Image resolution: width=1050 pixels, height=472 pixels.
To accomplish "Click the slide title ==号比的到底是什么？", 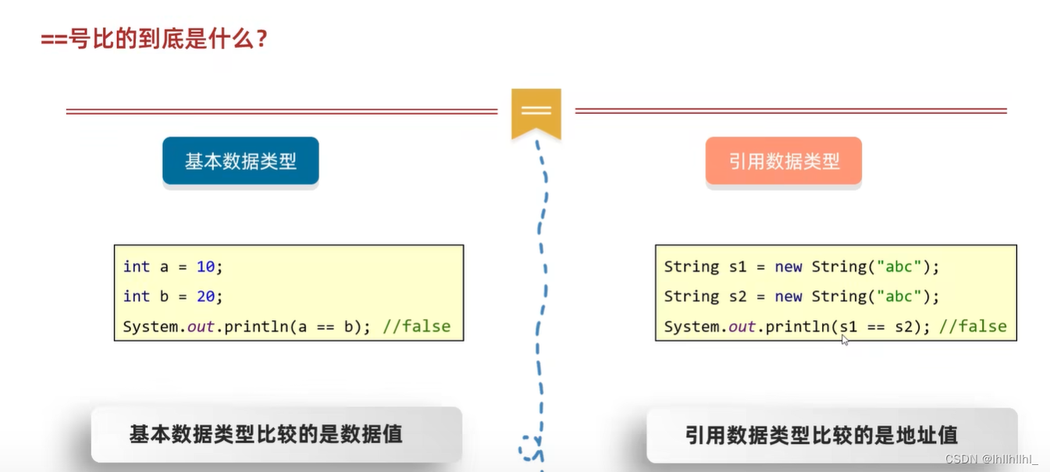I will pos(155,38).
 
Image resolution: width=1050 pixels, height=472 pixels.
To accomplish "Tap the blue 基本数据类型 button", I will pos(240,161).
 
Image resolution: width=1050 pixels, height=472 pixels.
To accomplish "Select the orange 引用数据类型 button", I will pos(784,161).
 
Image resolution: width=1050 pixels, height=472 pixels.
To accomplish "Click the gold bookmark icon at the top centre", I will pos(536,112).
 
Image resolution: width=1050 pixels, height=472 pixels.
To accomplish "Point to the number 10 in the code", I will pos(205,267).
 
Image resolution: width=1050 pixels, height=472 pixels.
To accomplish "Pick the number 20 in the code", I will pos(205,296).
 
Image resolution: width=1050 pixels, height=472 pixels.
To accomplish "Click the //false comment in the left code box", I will pos(417,326).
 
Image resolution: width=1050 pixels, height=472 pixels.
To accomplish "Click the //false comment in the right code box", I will pos(973,326).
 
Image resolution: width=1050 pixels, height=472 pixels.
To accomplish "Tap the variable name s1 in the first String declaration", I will pos(738,267).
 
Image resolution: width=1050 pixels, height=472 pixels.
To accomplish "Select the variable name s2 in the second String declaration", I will pos(738,296).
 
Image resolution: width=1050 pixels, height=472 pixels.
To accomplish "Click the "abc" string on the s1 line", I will pos(899,267).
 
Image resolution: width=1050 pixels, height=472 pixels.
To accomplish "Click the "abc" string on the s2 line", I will pos(899,296).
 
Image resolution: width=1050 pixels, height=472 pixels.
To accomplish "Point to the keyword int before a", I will pos(137,267).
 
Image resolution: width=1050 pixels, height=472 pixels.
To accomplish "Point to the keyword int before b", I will pos(137,296).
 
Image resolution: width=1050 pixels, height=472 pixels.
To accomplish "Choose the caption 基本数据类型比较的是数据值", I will pos(266,435).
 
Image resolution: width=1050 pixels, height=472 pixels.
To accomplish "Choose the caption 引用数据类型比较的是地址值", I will pos(821,435).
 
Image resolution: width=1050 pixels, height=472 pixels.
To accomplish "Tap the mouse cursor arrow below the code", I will pos(845,340).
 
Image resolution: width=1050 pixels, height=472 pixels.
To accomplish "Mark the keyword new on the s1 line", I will pos(788,267).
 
